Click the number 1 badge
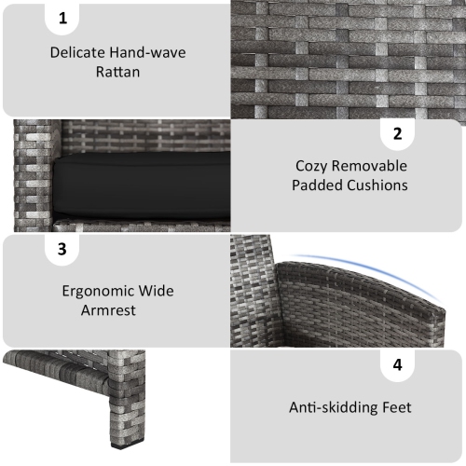(63, 19)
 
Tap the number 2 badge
(397, 134)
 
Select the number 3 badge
(62, 249)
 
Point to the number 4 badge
(397, 364)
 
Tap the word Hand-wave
(149, 52)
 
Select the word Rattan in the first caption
(117, 71)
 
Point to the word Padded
(318, 185)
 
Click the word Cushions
(377, 185)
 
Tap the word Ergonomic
(99, 292)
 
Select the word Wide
(156, 292)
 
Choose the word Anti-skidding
(331, 407)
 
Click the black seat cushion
(140, 185)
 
